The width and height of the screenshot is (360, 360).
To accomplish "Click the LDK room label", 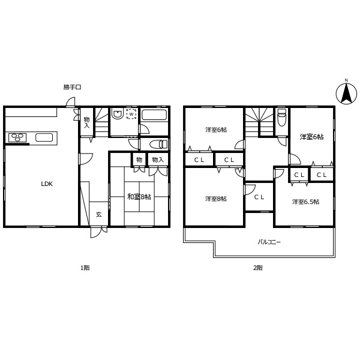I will click(47, 184).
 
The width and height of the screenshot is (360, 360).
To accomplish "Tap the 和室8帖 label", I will click(139, 196).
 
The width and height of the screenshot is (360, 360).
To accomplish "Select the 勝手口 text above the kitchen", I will click(72, 87).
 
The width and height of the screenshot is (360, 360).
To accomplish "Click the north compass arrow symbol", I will click(346, 92).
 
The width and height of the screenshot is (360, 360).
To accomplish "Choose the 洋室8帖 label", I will click(215, 199).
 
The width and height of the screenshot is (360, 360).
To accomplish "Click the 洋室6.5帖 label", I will click(305, 202).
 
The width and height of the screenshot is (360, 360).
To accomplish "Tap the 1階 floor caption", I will click(85, 268).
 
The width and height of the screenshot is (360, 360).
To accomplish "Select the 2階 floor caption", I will click(257, 268).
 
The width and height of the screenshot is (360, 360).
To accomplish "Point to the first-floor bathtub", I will click(154, 115).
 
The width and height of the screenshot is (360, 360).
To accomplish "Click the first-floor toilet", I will click(156, 144).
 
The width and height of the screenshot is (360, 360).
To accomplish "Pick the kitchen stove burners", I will click(16, 137).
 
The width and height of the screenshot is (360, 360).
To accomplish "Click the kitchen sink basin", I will click(44, 137).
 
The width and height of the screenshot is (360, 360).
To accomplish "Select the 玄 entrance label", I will click(98, 215).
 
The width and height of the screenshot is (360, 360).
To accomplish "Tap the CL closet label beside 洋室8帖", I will click(259, 197).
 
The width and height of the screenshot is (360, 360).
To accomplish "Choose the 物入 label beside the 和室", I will click(158, 160).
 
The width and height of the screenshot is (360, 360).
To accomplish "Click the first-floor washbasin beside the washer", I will click(118, 113).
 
